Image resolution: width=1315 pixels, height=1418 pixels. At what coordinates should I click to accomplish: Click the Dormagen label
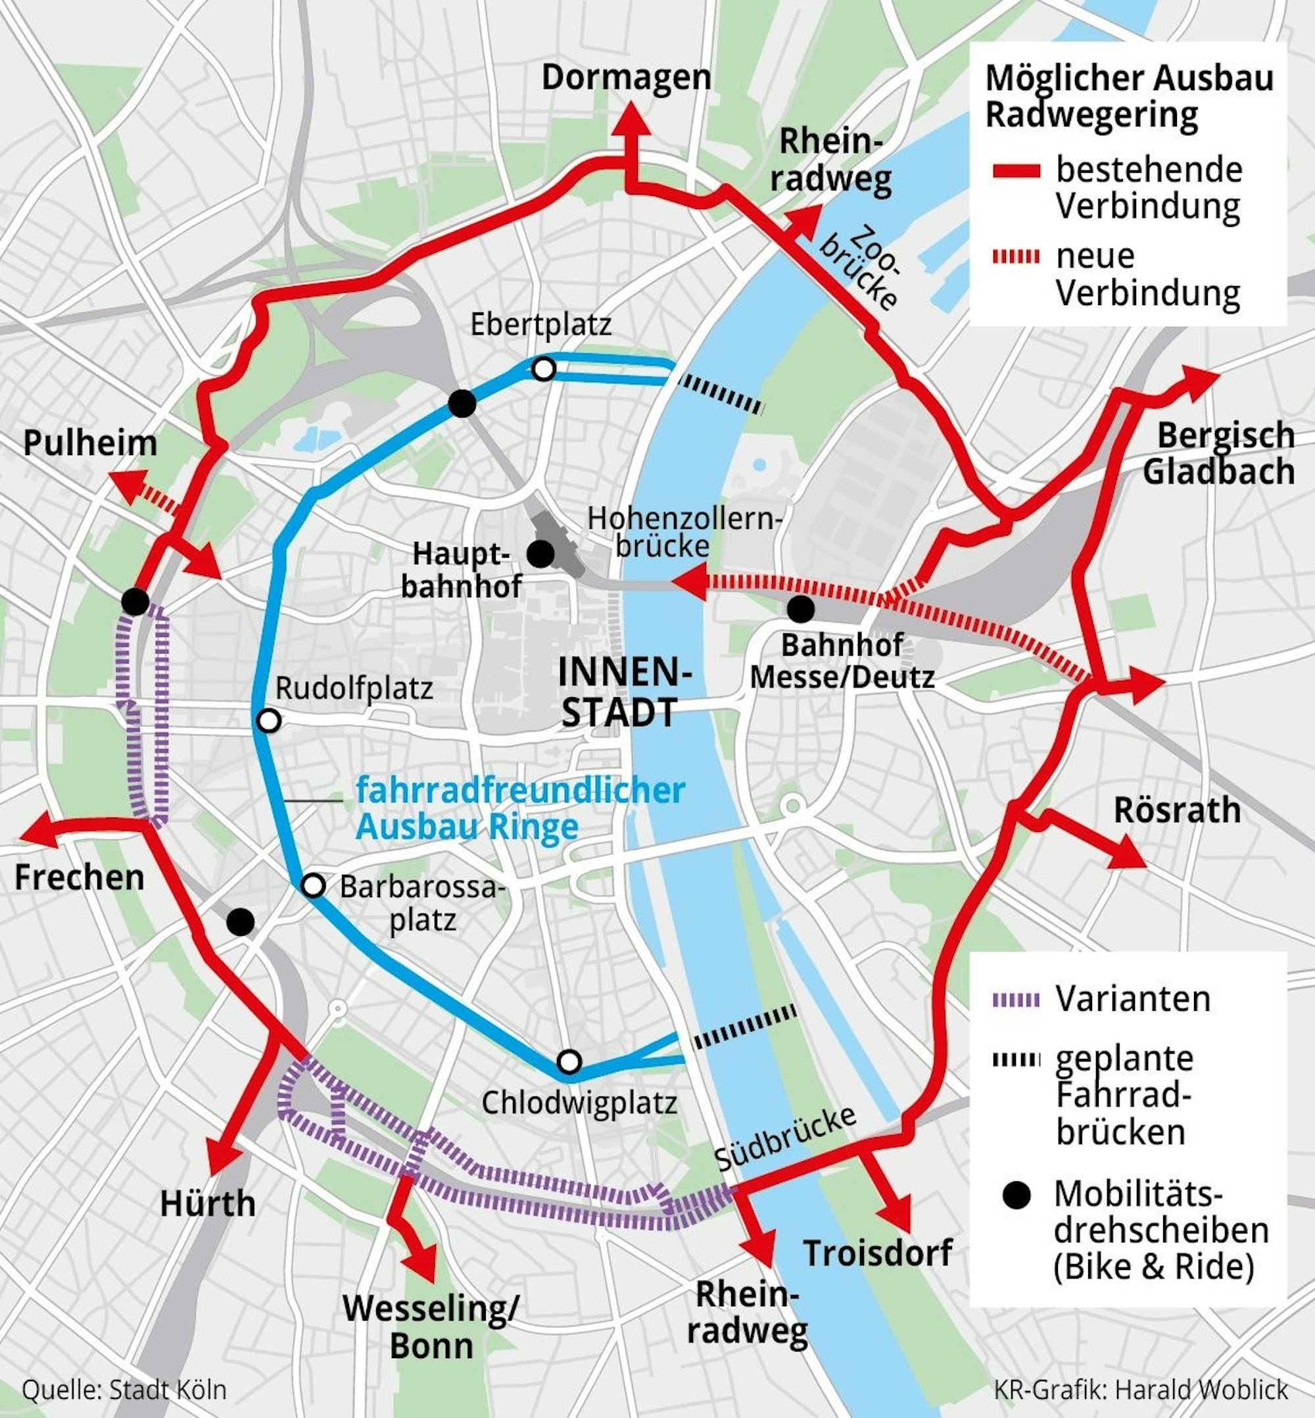tap(626, 77)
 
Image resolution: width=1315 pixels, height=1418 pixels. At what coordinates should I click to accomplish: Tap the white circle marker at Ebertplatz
tap(544, 369)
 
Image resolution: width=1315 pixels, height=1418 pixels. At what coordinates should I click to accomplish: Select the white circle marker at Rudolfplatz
tap(268, 720)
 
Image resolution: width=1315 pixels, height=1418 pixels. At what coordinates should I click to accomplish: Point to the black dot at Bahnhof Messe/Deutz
tap(801, 608)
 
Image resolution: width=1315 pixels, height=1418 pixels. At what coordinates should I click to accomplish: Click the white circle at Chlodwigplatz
tap(569, 1062)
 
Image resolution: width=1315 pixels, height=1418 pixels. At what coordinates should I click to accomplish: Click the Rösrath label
tap(1177, 810)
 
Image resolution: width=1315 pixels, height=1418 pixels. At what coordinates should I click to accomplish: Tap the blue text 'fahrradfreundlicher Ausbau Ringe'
tap(519, 809)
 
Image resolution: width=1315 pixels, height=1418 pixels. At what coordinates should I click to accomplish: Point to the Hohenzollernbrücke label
tap(683, 531)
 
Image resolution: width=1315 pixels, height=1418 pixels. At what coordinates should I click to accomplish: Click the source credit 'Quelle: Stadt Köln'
tap(124, 1389)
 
